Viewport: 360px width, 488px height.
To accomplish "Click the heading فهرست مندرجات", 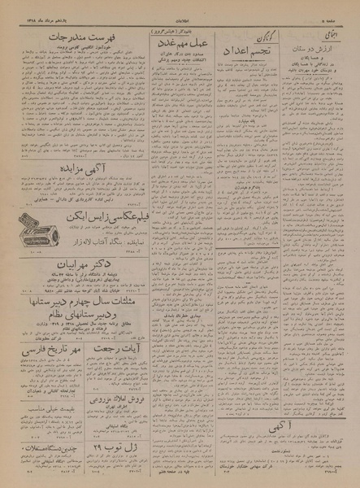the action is click(87, 37).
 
